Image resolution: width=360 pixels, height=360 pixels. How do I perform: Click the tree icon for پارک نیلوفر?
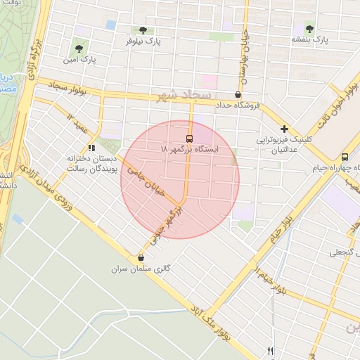(143, 30)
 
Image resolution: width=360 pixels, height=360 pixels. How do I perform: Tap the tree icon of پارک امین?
(79, 49)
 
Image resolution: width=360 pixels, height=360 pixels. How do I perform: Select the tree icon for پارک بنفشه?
(310, 29)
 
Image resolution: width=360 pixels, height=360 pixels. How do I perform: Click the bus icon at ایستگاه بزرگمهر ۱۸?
(189, 138)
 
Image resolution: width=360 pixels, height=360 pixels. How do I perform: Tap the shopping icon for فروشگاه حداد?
(238, 94)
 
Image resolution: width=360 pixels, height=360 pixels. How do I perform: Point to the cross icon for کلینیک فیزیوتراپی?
(284, 129)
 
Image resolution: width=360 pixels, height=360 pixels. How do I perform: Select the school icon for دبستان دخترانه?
(91, 148)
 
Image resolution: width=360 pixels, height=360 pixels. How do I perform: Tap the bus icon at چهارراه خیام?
(345, 157)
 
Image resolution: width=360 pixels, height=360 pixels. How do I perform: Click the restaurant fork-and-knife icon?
(271, 351)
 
